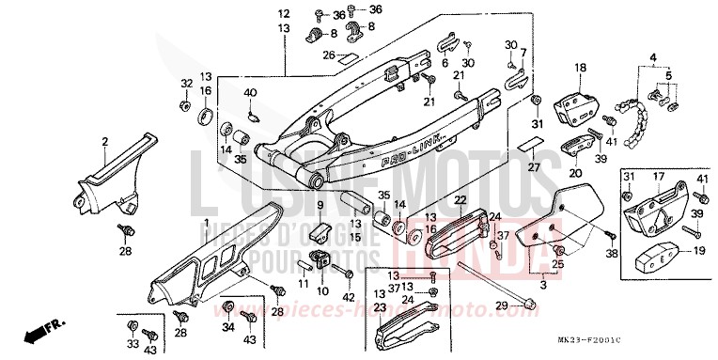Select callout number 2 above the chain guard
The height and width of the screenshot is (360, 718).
pos(105,142)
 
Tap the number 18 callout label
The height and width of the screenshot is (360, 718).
pos(581,68)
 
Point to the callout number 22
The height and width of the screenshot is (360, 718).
pos(460,200)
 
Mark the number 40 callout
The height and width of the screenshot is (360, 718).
pos(250,92)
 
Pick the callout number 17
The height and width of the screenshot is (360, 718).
pos(659,176)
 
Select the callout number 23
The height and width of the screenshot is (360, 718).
pos(380,306)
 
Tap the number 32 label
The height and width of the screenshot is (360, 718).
pos(186,83)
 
